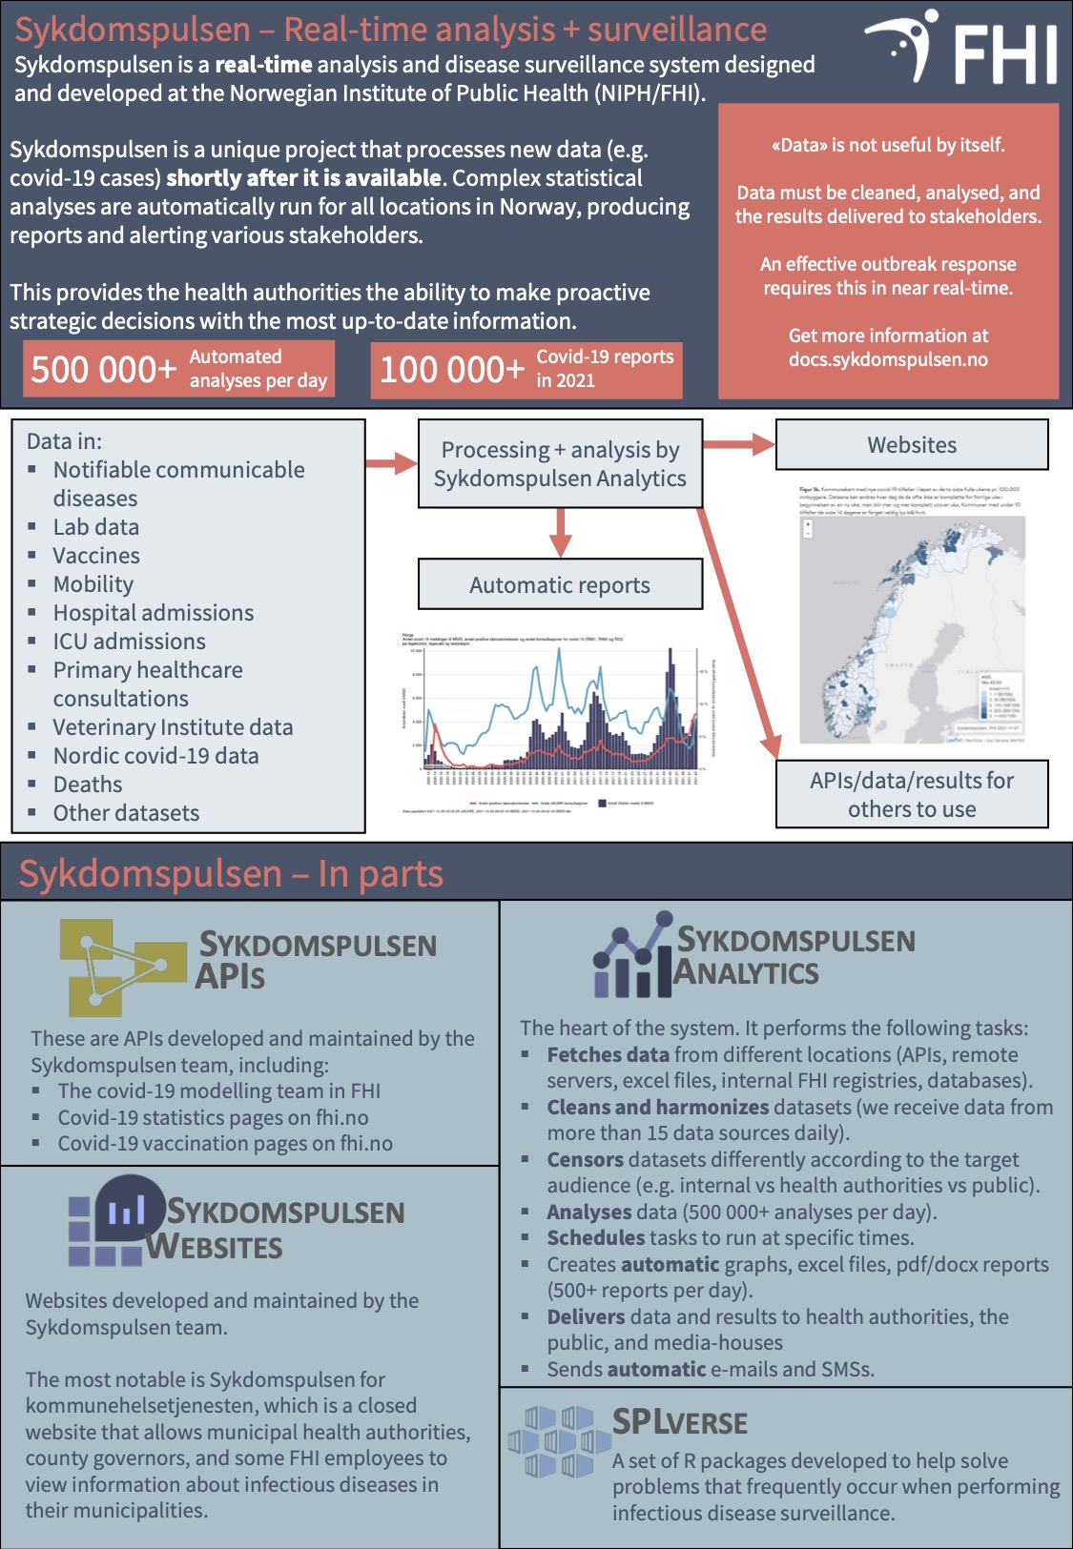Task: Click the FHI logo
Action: tap(961, 50)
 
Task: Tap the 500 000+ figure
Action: tap(103, 370)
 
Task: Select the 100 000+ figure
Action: tap(452, 370)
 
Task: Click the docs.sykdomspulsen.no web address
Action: tap(888, 360)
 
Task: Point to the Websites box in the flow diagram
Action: tap(912, 445)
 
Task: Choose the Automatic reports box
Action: tap(560, 585)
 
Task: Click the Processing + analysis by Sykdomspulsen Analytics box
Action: tap(560, 464)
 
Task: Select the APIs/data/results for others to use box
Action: tap(912, 794)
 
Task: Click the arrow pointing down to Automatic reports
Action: tap(561, 534)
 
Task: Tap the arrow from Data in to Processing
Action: tap(392, 464)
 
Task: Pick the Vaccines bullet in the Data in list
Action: tap(96, 556)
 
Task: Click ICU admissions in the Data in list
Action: tap(130, 642)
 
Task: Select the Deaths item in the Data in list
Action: tap(88, 785)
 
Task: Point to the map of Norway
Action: tap(911, 629)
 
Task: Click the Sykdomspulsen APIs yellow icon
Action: tap(119, 966)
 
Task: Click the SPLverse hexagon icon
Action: tap(557, 1441)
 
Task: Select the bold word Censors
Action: tap(586, 1160)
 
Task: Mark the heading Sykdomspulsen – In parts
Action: tap(231, 874)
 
